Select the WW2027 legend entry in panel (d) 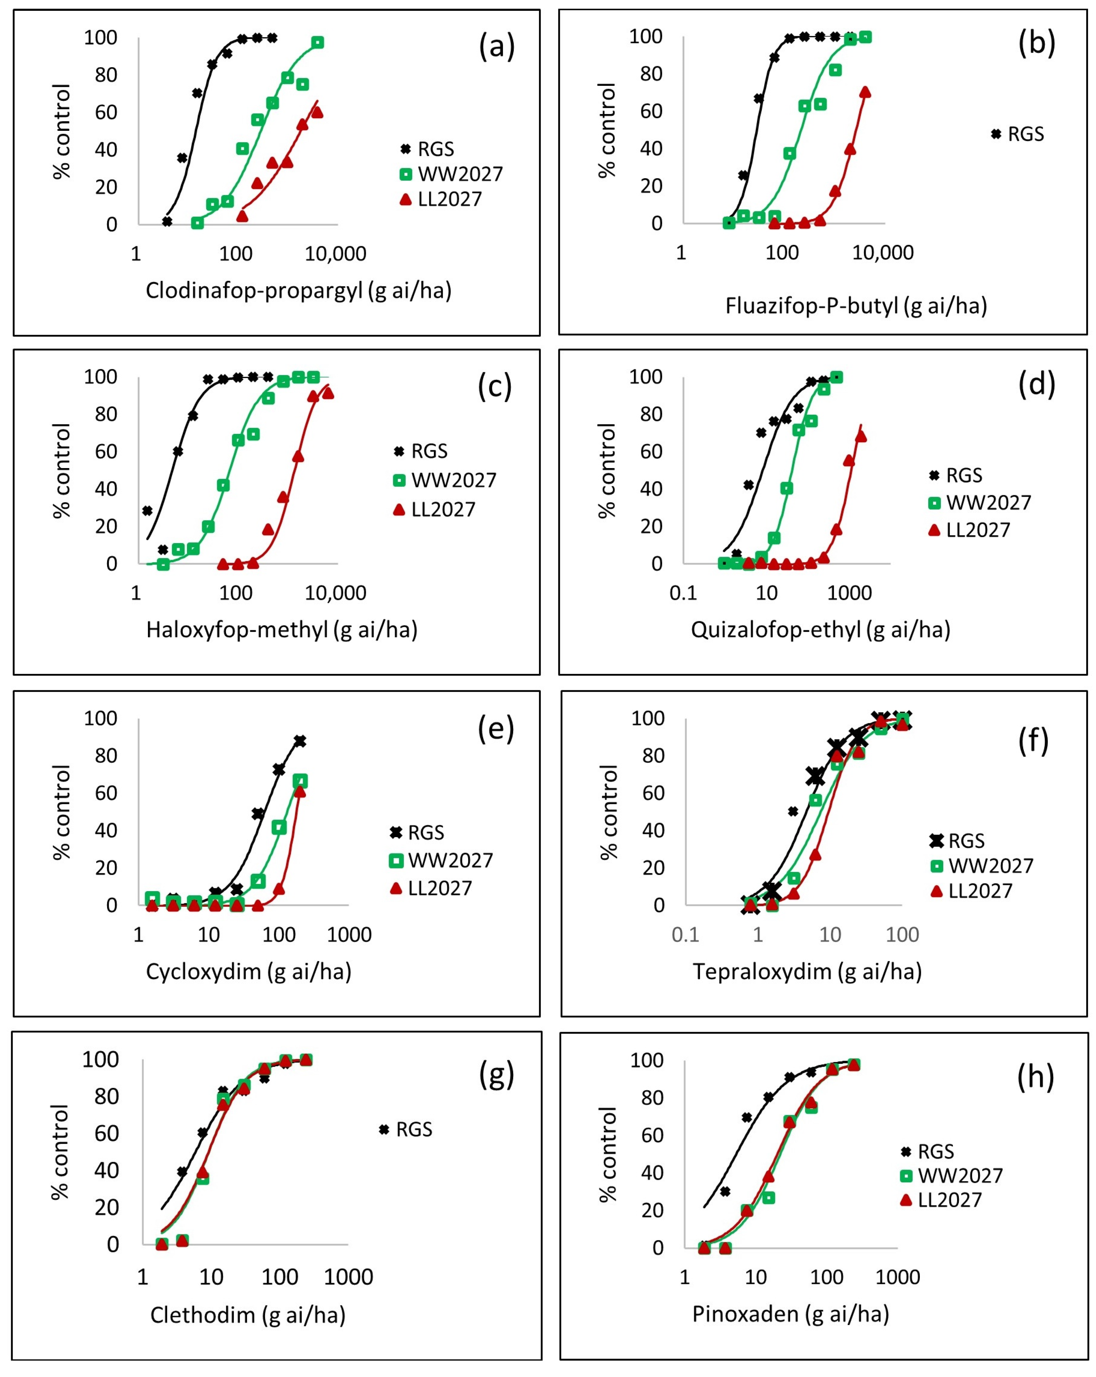[979, 503]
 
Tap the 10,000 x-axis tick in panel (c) [335, 593]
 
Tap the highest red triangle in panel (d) [860, 436]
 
